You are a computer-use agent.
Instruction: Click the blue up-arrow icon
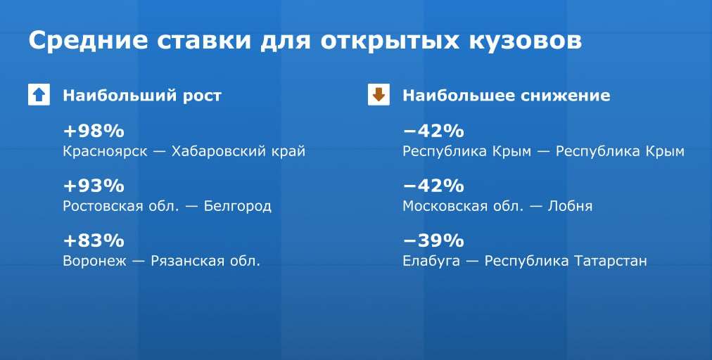[39, 95]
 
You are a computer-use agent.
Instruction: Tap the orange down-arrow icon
[379, 95]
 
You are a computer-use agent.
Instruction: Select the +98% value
[94, 131]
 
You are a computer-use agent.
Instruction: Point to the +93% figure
[94, 186]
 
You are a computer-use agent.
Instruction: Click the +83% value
[94, 240]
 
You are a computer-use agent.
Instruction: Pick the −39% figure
[433, 240]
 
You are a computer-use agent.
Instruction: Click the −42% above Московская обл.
[433, 186]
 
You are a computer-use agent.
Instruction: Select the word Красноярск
[106, 151]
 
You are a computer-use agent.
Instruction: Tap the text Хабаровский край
[239, 151]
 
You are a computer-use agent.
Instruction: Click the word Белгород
[238, 206]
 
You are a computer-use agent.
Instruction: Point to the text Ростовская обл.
[120, 206]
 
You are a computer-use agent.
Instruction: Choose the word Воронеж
[95, 261]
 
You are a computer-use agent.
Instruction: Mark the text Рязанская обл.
[205, 261]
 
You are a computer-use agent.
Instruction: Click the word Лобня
[570, 206]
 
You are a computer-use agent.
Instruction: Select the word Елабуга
[431, 261]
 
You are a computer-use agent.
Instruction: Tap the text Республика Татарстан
[566, 261]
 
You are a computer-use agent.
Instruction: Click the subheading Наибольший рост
[142, 96]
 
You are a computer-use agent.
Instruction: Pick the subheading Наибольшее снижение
[507, 96]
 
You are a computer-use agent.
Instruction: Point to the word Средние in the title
[88, 41]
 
